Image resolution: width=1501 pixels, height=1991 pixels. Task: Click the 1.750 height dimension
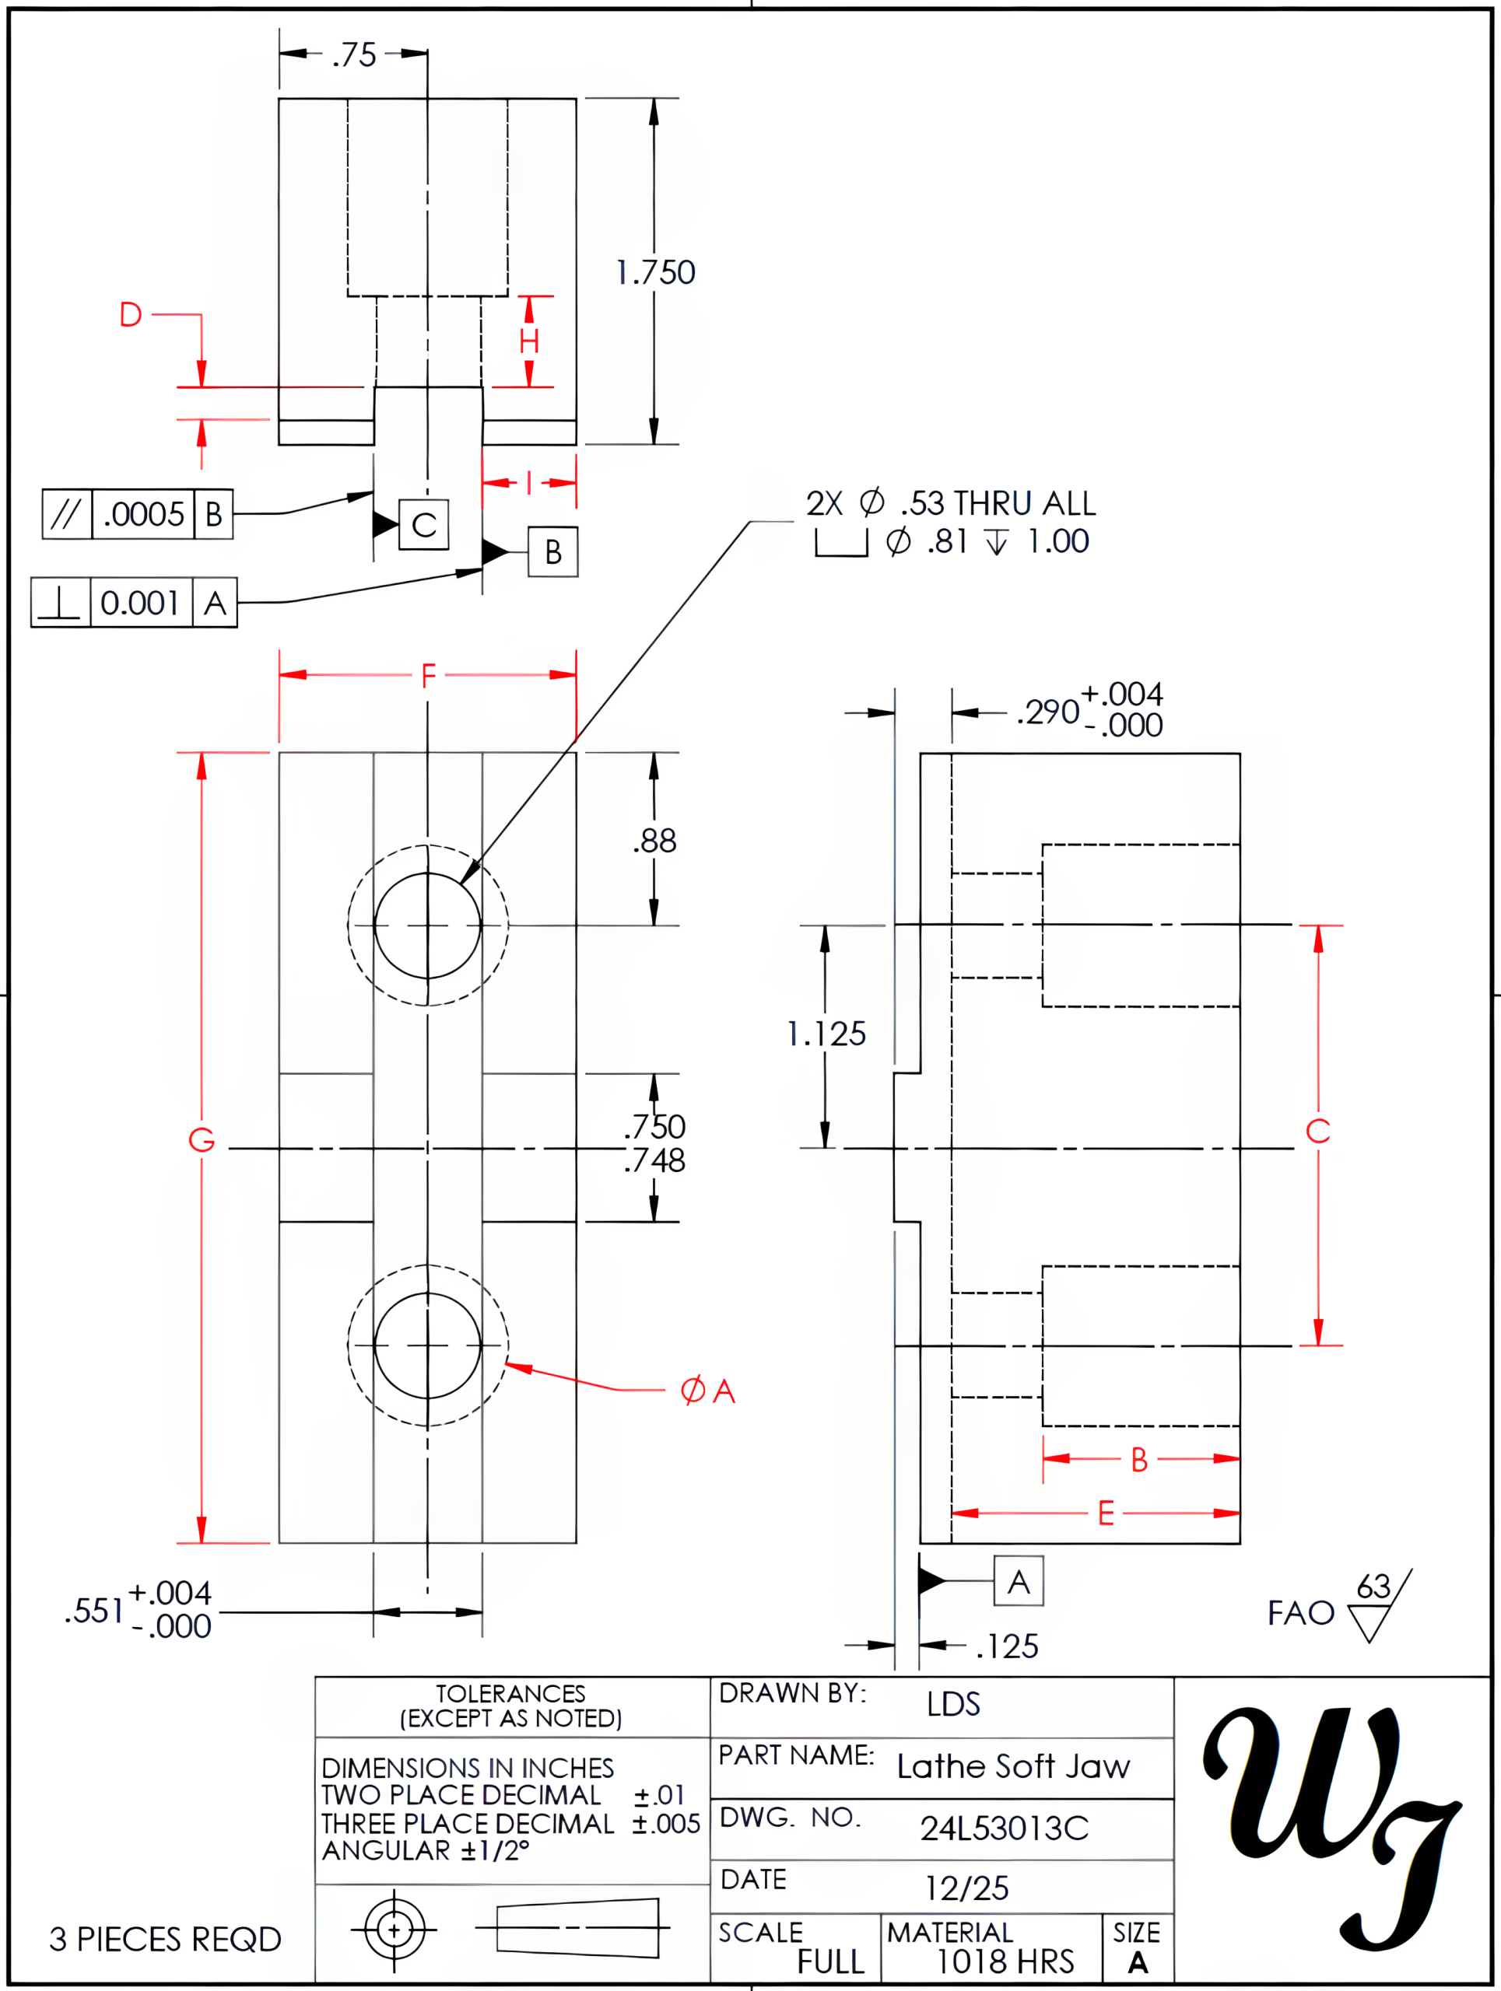click(655, 272)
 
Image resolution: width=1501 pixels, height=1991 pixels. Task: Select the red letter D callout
click(131, 314)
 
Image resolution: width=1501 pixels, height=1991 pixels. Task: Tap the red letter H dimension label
click(529, 341)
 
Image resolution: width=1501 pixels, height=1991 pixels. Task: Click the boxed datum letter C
click(424, 525)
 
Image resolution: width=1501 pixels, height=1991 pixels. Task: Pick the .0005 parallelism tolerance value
click(143, 514)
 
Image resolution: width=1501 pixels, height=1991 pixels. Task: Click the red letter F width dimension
click(429, 674)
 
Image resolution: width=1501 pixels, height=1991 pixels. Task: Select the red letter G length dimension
click(201, 1139)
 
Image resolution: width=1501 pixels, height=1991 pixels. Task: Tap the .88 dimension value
click(654, 841)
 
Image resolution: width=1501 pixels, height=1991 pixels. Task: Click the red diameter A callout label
click(708, 1391)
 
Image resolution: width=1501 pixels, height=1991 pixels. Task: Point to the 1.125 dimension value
click(826, 1034)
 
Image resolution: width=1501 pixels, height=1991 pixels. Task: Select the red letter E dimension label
click(1106, 1513)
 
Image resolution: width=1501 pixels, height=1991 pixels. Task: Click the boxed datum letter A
click(1019, 1581)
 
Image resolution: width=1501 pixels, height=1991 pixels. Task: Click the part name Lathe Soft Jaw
click(1013, 1766)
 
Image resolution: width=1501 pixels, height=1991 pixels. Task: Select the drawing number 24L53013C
click(1004, 1828)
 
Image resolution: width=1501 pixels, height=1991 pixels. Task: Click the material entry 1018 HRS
click(1005, 1961)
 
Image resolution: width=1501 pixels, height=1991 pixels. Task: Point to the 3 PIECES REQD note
click(165, 1939)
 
